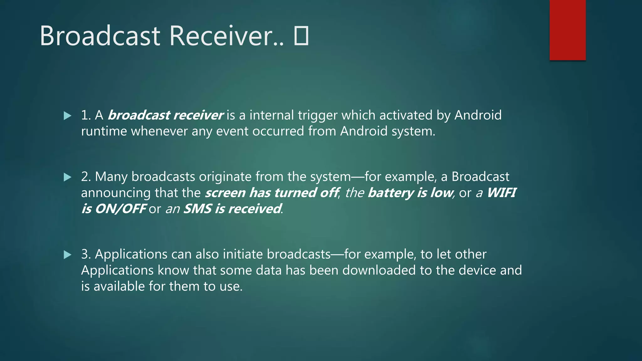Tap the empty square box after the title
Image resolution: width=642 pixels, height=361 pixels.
point(301,36)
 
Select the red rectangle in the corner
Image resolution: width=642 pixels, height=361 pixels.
point(567,30)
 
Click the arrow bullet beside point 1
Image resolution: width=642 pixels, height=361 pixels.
point(67,116)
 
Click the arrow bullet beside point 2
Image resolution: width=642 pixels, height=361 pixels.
point(67,177)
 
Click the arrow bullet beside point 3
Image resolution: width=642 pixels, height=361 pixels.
point(67,255)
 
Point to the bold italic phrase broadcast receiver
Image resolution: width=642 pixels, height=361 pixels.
point(166,115)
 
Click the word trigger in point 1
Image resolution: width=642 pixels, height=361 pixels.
point(318,115)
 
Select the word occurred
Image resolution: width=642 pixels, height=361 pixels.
point(278,131)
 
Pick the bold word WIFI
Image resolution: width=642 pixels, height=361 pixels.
point(501,193)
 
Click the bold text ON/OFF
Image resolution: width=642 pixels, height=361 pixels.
point(121,209)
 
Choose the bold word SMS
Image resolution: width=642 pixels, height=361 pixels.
point(197,209)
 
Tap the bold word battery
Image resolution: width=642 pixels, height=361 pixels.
point(391,193)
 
